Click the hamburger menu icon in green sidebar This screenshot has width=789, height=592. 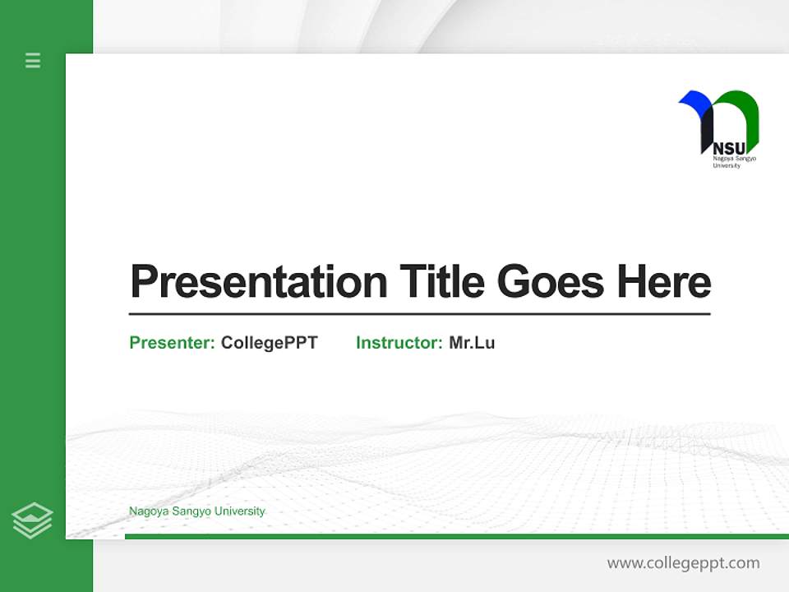pyautogui.click(x=33, y=60)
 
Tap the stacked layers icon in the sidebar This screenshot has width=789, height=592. pyautogui.click(x=32, y=520)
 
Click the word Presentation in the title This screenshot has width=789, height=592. pyautogui.click(x=258, y=282)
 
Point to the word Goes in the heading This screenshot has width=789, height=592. pyautogui.click(x=551, y=282)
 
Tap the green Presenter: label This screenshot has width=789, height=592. pyautogui.click(x=172, y=343)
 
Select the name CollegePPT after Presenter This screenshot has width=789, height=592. pyautogui.click(x=269, y=343)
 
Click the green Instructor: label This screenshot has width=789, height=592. pyautogui.click(x=399, y=343)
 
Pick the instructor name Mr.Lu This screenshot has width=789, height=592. pyautogui.click(x=472, y=343)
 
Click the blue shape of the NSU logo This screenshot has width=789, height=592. pyautogui.click(x=695, y=101)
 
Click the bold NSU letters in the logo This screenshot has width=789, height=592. pyautogui.click(x=728, y=149)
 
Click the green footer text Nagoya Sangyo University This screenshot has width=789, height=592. pyautogui.click(x=196, y=511)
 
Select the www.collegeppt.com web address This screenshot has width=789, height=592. pyautogui.click(x=683, y=563)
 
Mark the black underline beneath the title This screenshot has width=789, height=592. pyautogui.click(x=419, y=314)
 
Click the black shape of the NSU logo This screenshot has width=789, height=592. pyautogui.click(x=706, y=132)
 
